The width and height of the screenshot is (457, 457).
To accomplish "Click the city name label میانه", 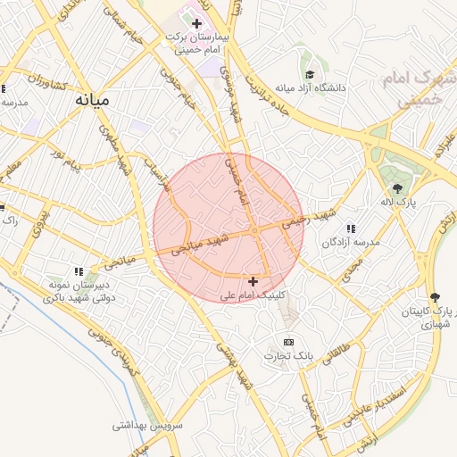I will click(x=91, y=100).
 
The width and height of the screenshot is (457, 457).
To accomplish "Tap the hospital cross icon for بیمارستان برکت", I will click(x=197, y=22).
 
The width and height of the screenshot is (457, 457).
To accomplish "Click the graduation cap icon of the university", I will click(x=310, y=75).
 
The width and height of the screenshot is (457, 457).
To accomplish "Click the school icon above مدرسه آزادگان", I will click(x=350, y=228).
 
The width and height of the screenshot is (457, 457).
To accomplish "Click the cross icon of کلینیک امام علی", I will click(x=253, y=281).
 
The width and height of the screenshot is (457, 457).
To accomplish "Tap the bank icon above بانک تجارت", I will click(x=288, y=342).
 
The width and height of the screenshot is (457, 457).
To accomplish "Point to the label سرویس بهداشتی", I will click(x=147, y=426).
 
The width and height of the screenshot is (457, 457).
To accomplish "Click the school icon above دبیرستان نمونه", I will click(x=79, y=271).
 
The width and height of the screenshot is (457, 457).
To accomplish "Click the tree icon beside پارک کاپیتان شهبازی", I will click(x=435, y=297).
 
